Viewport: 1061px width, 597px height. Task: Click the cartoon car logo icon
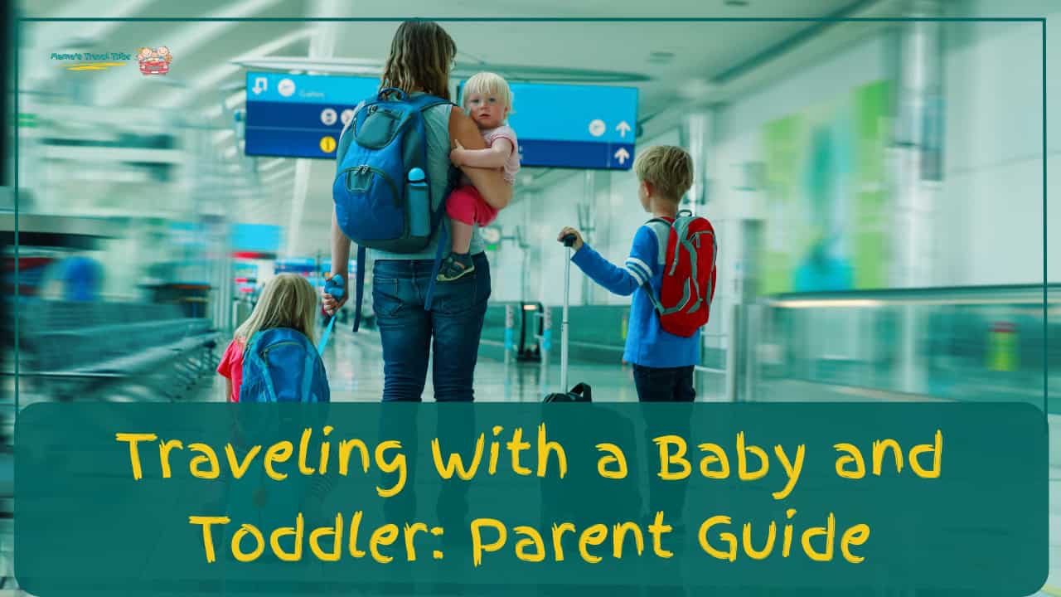[154, 61]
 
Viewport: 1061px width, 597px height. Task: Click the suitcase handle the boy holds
[569, 240]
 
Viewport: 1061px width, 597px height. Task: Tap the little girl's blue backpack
[283, 368]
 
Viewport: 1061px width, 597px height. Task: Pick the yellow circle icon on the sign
[327, 143]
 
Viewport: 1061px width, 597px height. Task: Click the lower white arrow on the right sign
[621, 155]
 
